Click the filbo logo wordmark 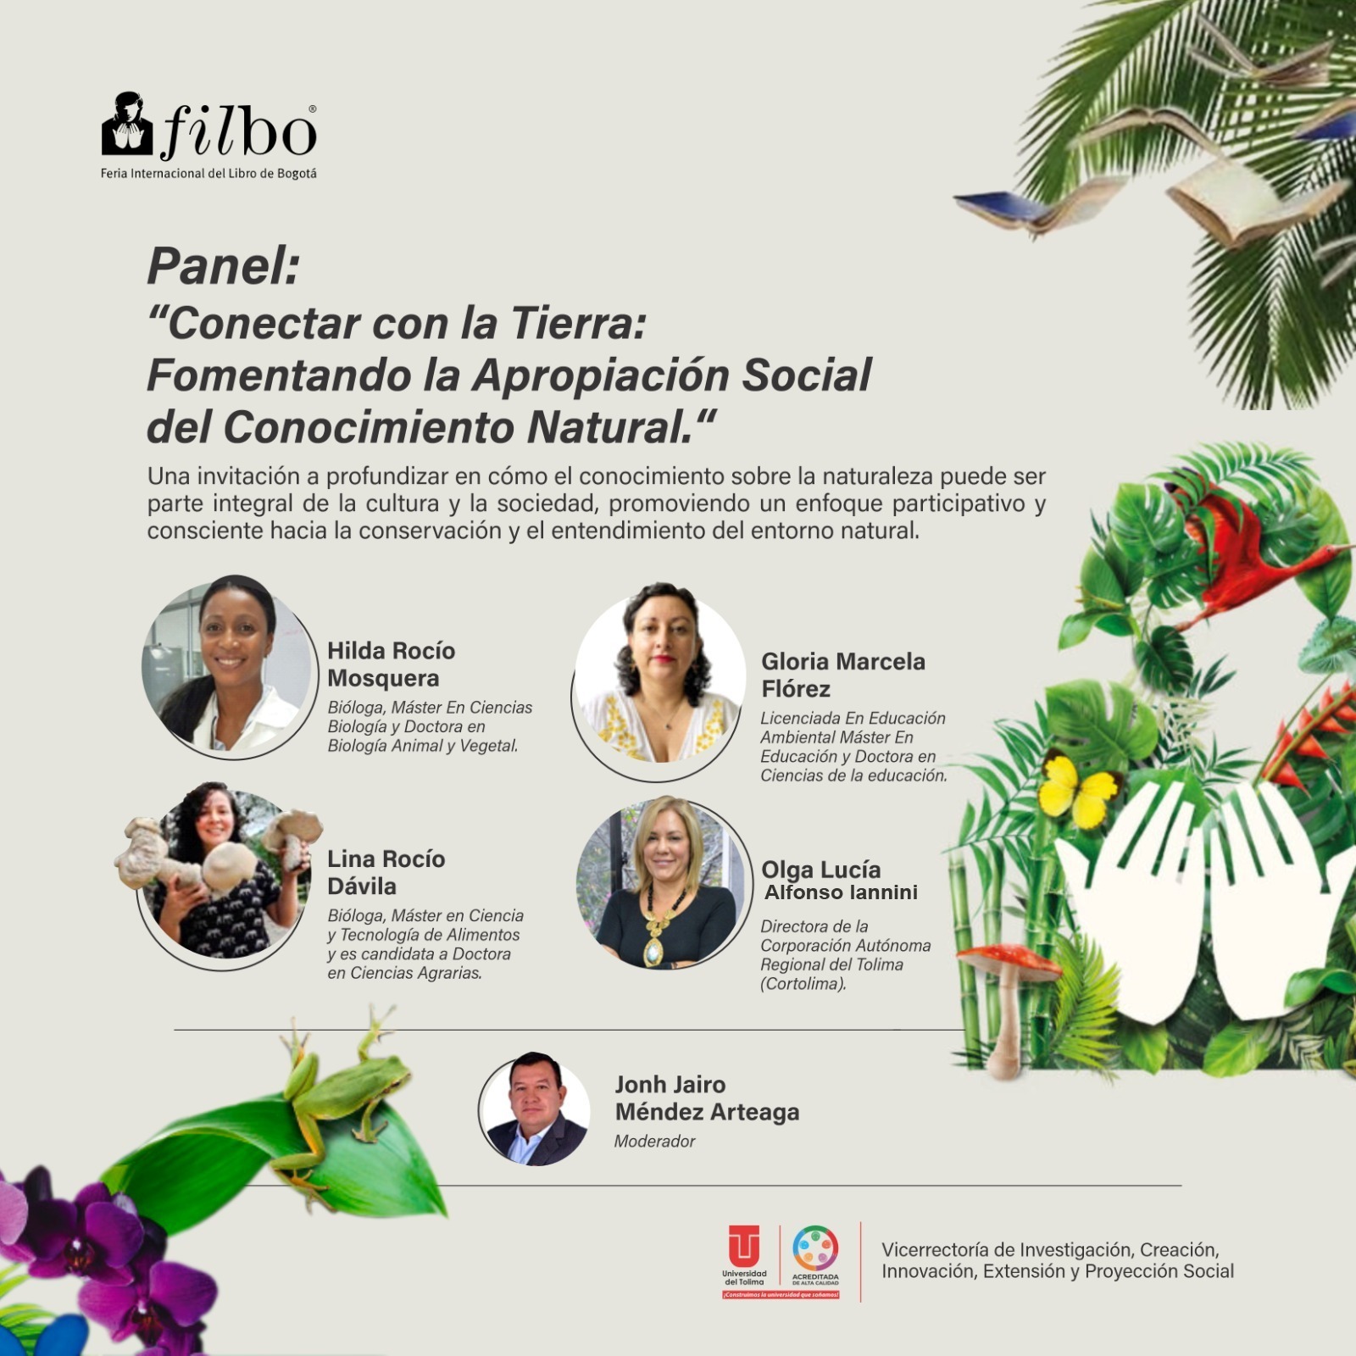pyautogui.click(x=209, y=127)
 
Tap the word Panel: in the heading pyautogui.click(x=224, y=266)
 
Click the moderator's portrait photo pyautogui.click(x=534, y=1109)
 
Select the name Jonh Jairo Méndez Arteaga pyautogui.click(x=707, y=1098)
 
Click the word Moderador pyautogui.click(x=654, y=1142)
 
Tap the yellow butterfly pyautogui.click(x=1080, y=790)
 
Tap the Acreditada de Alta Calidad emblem pyautogui.click(x=815, y=1255)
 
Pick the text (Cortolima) pyautogui.click(x=803, y=984)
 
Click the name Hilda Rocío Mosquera pyautogui.click(x=392, y=664)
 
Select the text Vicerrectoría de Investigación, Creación pyautogui.click(x=1050, y=1249)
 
